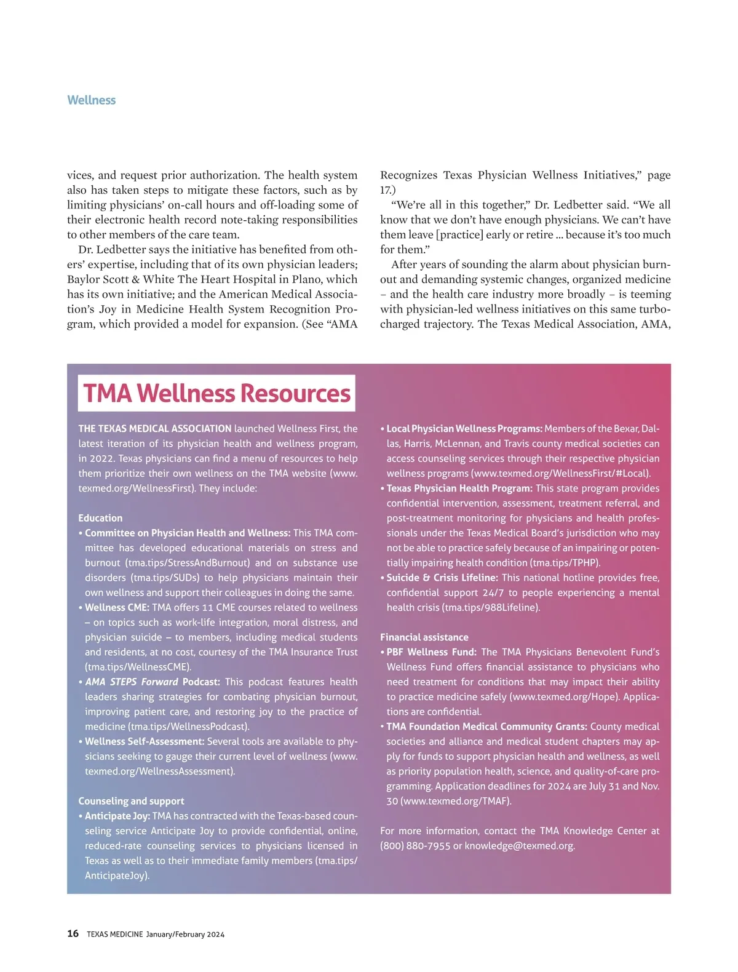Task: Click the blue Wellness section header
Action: coord(91,100)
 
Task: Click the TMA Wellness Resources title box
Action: coord(216,393)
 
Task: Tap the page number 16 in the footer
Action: coord(73,933)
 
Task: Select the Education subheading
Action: coord(100,518)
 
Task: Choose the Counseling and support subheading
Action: coord(131,801)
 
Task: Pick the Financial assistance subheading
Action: coord(424,637)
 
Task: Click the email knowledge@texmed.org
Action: coord(519,846)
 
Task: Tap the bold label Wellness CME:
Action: coord(117,607)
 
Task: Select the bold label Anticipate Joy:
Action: coord(117,816)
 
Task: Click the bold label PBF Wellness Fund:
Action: coord(431,652)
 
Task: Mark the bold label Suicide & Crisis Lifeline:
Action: coord(442,578)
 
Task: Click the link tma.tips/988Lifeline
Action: coord(491,607)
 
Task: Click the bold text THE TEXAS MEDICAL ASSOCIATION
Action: coord(155,429)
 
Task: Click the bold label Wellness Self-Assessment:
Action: coord(144,741)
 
